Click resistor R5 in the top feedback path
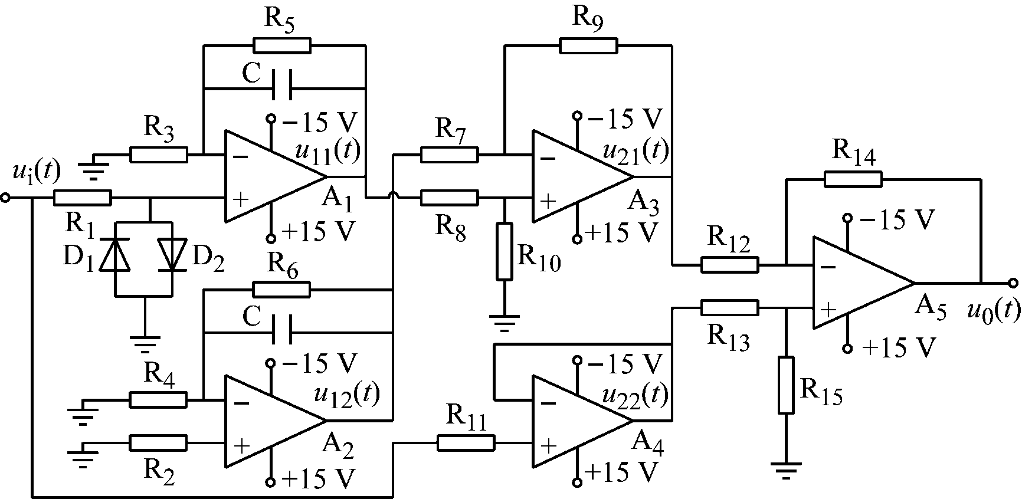pos(281,45)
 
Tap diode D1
pos(114,254)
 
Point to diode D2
pos(172,254)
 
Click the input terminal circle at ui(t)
pos(6,198)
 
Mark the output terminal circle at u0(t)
pos(1013,283)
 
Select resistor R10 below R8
pos(505,251)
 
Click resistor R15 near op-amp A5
pos(786,385)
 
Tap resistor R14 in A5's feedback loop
pos(853,179)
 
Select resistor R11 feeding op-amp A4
pos(466,443)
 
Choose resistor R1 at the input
pos(82,198)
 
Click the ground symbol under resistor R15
pos(786,470)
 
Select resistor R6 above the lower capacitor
pos(281,289)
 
